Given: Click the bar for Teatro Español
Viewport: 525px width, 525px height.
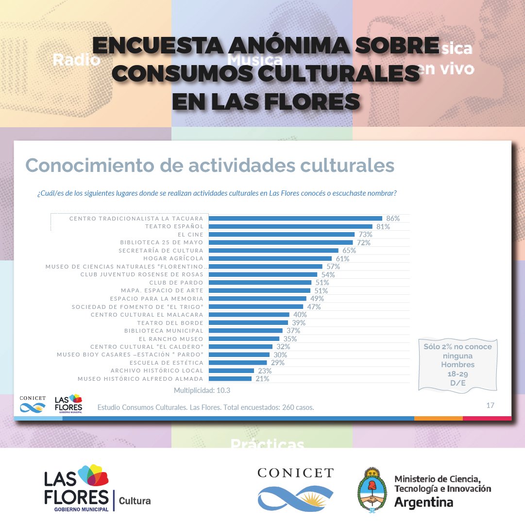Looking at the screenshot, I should click(x=290, y=226).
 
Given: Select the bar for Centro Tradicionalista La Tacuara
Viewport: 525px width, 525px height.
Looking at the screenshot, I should click(x=295, y=219).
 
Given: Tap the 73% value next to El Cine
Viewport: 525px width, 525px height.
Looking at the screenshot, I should click(x=365, y=235).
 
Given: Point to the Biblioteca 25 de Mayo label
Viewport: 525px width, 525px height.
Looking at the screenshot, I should click(x=162, y=242).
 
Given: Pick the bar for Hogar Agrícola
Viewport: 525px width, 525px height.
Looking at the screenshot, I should click(x=270, y=258).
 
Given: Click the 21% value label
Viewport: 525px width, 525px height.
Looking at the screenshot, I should click(x=262, y=379).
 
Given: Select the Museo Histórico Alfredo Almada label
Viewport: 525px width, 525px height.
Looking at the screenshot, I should click(x=140, y=379).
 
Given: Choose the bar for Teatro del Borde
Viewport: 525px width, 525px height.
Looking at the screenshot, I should click(x=248, y=322).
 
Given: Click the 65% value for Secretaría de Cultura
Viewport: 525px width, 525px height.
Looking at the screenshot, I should click(x=349, y=251).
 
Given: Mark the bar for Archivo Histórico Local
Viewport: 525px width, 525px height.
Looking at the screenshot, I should click(x=231, y=371).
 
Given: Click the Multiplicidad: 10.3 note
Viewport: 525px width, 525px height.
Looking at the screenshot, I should click(x=202, y=390).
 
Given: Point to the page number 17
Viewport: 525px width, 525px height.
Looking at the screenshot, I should click(x=490, y=405).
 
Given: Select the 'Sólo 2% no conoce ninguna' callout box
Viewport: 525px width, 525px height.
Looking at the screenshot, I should click(x=457, y=364).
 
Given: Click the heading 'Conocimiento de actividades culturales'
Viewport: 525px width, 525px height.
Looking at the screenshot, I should click(x=209, y=166).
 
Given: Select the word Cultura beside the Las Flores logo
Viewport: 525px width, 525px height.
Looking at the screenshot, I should click(x=135, y=501).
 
